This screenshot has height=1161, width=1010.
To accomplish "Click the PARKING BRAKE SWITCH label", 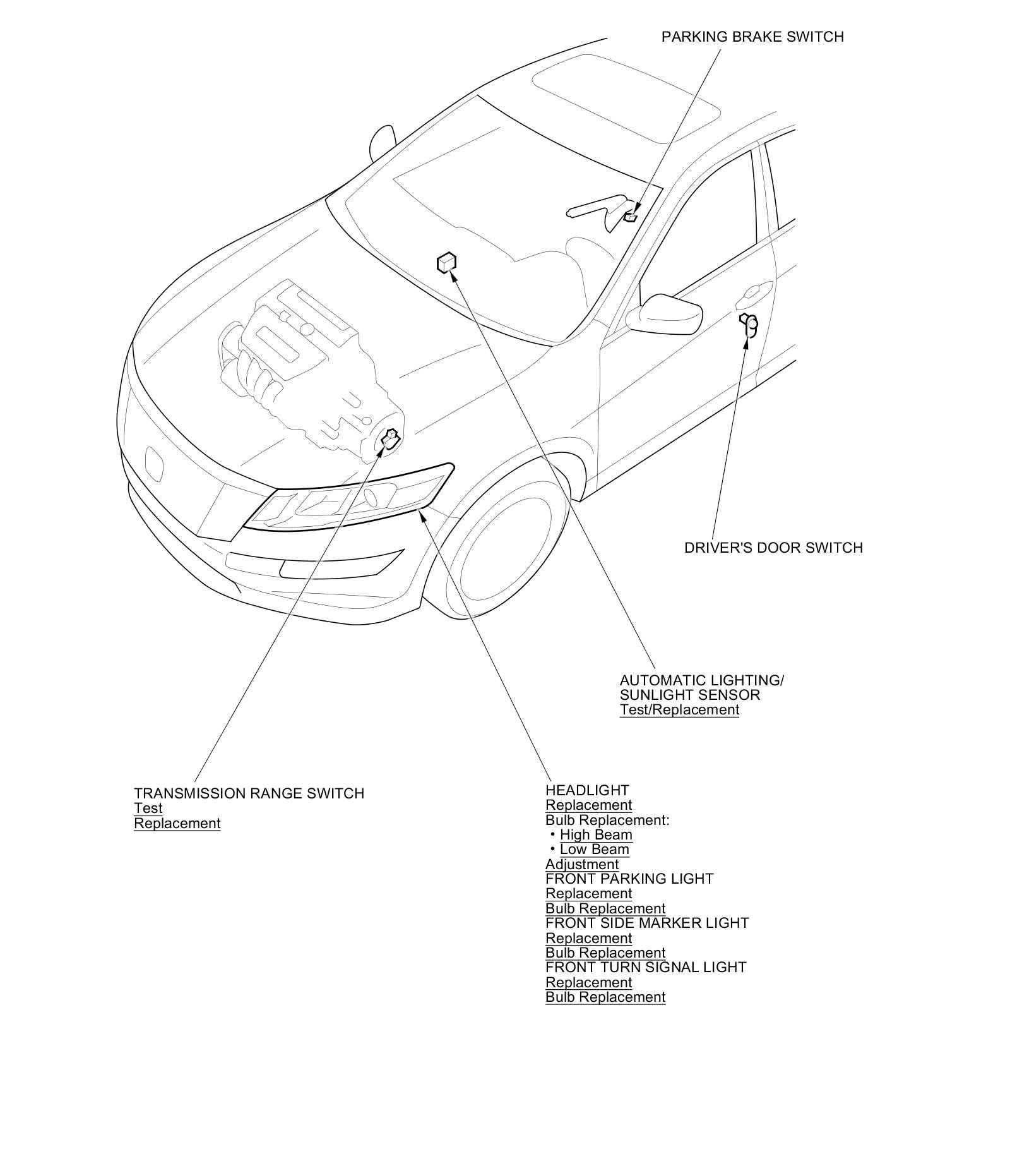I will (x=752, y=37).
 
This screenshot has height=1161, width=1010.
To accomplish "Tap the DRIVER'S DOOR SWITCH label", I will (x=773, y=548).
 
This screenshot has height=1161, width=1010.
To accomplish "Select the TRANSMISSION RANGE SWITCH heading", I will (x=249, y=793).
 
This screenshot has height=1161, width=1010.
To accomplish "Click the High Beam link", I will (x=596, y=834).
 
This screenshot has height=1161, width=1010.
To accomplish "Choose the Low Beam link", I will (x=594, y=850).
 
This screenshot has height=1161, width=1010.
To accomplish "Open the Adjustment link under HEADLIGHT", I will (x=581, y=864).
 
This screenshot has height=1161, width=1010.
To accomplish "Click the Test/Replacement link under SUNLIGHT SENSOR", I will (x=679, y=709).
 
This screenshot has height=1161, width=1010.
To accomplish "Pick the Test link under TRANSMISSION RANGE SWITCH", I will (x=148, y=809).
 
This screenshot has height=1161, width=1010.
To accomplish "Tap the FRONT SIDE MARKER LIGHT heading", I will (x=647, y=923).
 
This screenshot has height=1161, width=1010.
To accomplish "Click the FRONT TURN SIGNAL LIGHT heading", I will (x=646, y=967).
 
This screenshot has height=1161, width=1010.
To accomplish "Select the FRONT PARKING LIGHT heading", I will (x=629, y=879).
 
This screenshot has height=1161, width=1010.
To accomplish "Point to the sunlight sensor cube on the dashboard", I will (x=446, y=262).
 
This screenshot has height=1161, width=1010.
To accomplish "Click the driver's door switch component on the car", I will (x=749, y=323).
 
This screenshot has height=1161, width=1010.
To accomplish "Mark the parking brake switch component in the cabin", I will (x=630, y=217).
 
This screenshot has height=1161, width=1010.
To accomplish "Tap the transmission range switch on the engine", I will (x=391, y=438).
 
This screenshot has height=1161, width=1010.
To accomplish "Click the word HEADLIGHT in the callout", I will (x=587, y=790).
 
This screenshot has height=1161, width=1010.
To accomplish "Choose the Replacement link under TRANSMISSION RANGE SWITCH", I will (x=177, y=824).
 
